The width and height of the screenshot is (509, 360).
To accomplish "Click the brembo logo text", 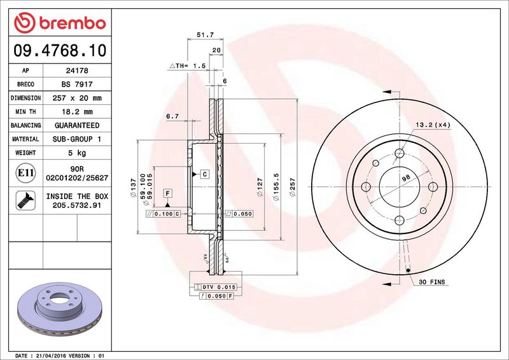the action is [73, 24].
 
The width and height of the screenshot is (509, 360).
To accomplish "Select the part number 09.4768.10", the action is [60, 51].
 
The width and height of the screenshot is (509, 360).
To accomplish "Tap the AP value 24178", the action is [77, 71].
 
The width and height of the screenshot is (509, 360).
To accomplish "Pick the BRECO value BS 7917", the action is [77, 84].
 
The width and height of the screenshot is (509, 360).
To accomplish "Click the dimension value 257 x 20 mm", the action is [77, 98].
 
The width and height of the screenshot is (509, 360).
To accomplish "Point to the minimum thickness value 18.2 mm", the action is [77, 112].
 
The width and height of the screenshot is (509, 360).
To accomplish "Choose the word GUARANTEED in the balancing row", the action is [77, 125].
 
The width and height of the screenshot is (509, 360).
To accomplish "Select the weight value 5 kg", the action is [77, 153].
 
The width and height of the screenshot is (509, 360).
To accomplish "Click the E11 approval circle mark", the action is [25, 173].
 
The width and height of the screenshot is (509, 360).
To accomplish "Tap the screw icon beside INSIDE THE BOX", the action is [25, 200].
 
